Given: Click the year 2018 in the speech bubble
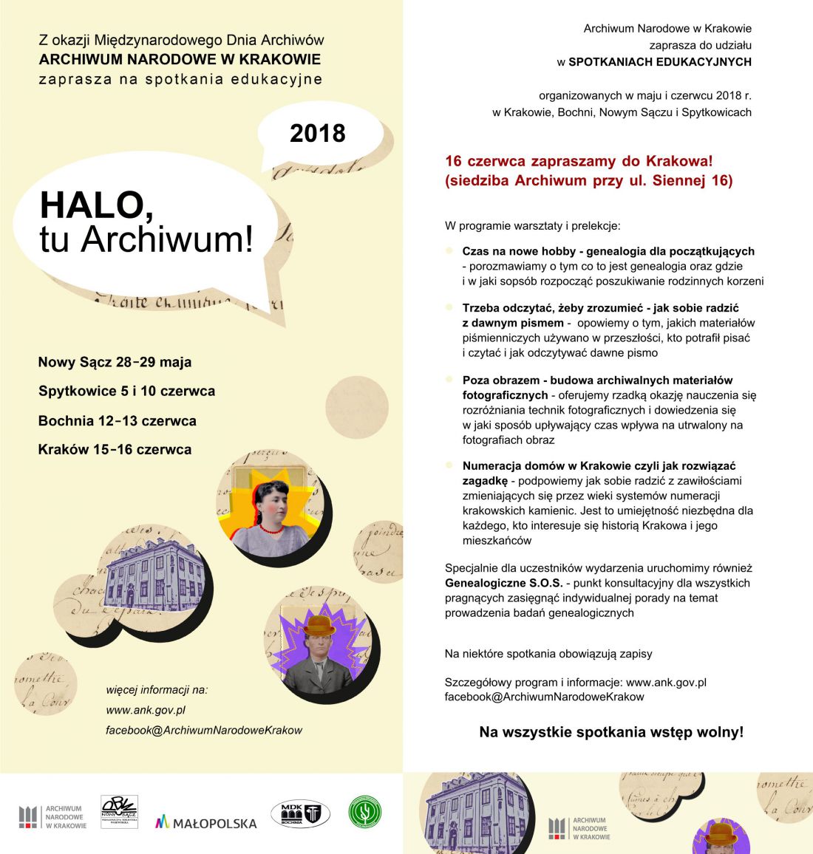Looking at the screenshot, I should click(x=318, y=133).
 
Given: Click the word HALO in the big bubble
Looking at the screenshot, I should click(x=96, y=205).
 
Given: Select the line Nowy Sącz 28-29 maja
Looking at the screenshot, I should click(x=115, y=362).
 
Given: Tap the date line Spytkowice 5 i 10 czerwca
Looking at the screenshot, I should click(x=126, y=391).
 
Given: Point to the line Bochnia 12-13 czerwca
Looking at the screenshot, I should click(x=117, y=420).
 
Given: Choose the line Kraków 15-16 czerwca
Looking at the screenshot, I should click(x=115, y=449).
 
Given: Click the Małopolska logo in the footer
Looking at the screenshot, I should click(x=205, y=822).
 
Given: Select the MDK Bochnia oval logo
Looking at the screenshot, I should click(x=300, y=813).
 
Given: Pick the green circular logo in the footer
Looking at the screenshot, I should click(x=365, y=812).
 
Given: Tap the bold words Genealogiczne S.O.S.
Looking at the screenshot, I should click(x=503, y=583).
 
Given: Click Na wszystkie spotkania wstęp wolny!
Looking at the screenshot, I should click(x=611, y=732).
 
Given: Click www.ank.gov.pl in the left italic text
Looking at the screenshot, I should click(x=146, y=710).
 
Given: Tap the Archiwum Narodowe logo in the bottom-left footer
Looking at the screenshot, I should click(x=52, y=816).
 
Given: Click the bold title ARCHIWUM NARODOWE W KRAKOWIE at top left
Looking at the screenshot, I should click(x=180, y=59).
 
